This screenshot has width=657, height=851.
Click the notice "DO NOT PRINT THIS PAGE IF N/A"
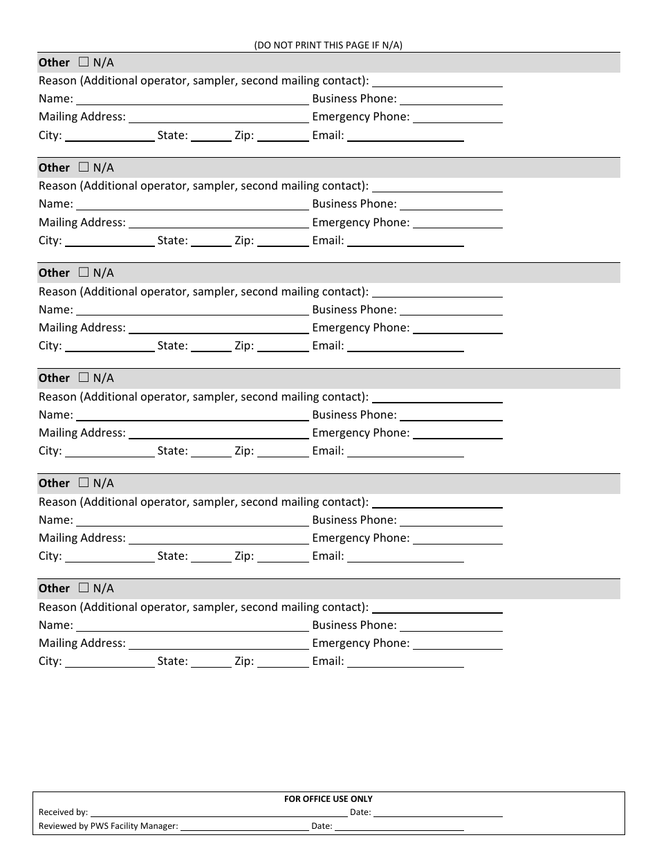328,45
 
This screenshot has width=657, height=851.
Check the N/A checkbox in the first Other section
84,62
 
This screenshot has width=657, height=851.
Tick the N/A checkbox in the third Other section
84,273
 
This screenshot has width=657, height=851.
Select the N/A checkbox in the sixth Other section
84,588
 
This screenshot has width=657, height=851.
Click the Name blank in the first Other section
192,100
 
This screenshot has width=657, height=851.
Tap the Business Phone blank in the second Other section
451,205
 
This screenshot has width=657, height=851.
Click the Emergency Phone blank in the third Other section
457,329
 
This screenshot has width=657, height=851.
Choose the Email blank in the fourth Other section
405,452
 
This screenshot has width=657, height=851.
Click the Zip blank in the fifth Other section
283,557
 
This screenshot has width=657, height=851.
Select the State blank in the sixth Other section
211,662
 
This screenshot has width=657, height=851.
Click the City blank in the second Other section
109,241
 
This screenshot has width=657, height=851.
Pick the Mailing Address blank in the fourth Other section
219,434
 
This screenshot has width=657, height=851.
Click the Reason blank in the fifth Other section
437,503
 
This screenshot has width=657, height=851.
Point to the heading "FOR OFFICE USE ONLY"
328,799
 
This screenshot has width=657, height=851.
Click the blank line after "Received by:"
219,813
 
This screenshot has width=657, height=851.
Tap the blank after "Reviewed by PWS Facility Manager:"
245,827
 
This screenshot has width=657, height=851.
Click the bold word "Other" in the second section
54,167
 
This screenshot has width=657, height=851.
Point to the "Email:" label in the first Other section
328,136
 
